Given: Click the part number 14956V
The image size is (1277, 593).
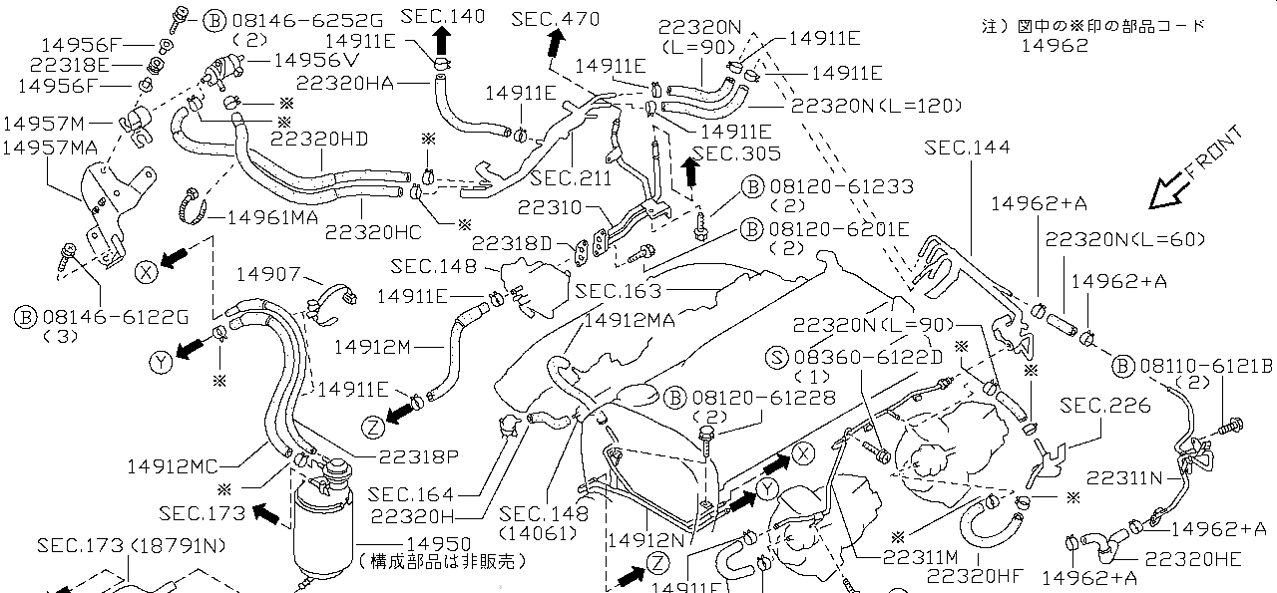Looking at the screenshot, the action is [x=316, y=61].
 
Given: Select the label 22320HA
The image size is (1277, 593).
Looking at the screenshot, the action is [x=345, y=83].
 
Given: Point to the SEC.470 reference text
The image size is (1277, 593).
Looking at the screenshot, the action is [x=555, y=19].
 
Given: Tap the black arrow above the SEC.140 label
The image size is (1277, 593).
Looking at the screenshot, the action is [x=442, y=41].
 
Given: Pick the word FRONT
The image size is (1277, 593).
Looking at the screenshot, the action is [x=1214, y=152].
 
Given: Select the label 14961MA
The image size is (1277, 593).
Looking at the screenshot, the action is [x=272, y=217].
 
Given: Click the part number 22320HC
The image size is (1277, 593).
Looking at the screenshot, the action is [x=373, y=232].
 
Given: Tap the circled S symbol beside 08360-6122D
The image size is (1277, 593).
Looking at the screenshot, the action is [x=776, y=357].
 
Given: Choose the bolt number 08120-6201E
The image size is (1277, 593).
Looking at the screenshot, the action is [x=839, y=229].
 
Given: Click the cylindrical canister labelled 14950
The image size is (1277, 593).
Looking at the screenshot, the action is [x=322, y=524].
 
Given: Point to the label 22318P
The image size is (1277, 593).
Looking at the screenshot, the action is [x=418, y=456].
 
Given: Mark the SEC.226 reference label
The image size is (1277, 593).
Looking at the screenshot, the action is [x=1104, y=406].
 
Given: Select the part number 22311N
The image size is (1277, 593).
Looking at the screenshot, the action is [x=1123, y=477].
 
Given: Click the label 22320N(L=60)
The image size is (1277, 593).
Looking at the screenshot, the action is [x=1124, y=240].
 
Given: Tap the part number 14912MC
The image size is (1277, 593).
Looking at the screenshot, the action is [x=173, y=466].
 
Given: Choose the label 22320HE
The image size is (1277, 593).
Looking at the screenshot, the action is [x=1192, y=559].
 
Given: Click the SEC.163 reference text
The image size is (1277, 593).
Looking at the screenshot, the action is [x=618, y=292].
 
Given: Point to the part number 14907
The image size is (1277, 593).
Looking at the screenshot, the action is [x=268, y=274].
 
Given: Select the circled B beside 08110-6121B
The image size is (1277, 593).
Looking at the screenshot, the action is [x=1122, y=366].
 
